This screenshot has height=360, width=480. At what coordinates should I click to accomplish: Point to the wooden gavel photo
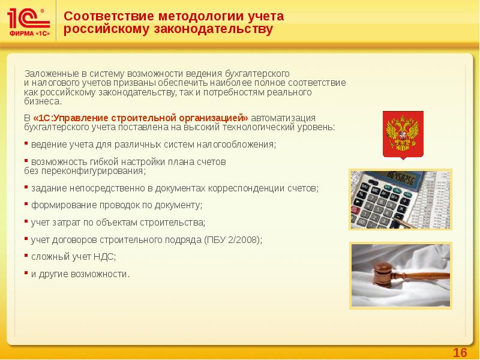click(401, 275)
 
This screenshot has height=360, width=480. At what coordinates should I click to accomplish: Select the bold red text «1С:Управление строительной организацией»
click(140, 118)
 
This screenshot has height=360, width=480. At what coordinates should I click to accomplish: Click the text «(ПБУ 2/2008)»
click(233, 239)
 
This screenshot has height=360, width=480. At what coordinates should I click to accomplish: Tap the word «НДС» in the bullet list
click(105, 257)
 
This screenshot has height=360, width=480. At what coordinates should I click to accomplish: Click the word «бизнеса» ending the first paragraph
click(38, 102)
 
